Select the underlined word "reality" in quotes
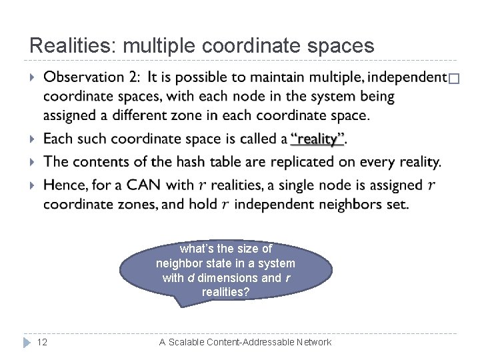(318, 139)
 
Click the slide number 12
(42, 342)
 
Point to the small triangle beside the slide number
(27, 342)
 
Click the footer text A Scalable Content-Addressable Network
(245, 342)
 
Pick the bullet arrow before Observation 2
(33, 79)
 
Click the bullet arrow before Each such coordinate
(33, 139)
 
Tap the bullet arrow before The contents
(33, 162)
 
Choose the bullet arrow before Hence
(33, 185)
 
